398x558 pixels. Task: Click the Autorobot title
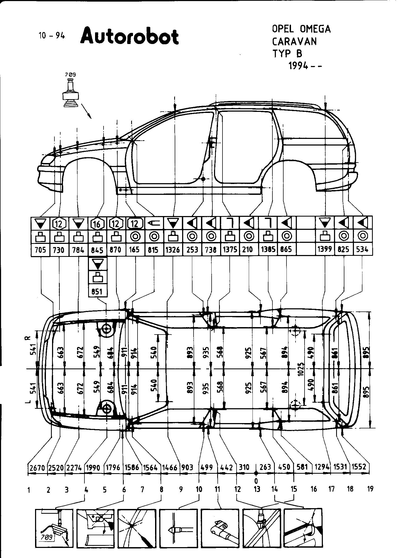point(129,36)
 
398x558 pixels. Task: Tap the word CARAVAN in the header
point(294,41)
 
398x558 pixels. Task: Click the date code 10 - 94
point(52,36)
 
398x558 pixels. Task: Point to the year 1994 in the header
point(298,65)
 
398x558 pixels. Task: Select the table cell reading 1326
point(173,250)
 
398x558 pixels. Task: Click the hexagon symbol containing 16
point(97,224)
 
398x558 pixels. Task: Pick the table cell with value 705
point(40,250)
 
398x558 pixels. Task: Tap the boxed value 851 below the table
point(97,292)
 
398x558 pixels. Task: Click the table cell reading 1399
point(325,250)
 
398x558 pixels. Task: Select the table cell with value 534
point(363,250)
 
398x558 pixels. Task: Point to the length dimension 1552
point(359,467)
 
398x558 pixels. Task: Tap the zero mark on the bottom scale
point(256,480)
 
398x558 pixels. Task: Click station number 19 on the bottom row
point(370,489)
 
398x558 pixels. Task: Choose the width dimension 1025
point(301,368)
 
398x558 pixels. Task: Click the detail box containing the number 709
point(54,528)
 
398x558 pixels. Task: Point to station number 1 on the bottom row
point(29,490)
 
